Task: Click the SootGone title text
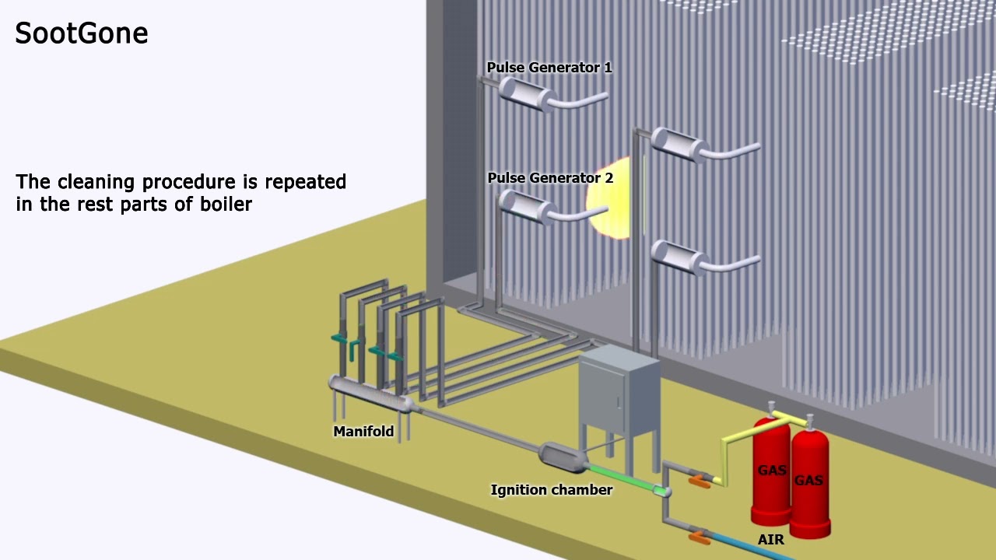81,33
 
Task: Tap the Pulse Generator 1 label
549,68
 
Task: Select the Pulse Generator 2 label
550,178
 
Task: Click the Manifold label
363,432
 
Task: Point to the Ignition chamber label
551,490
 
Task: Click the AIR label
770,539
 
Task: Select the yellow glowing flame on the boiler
608,206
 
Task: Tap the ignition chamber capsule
563,457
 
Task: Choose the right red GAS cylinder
809,482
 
